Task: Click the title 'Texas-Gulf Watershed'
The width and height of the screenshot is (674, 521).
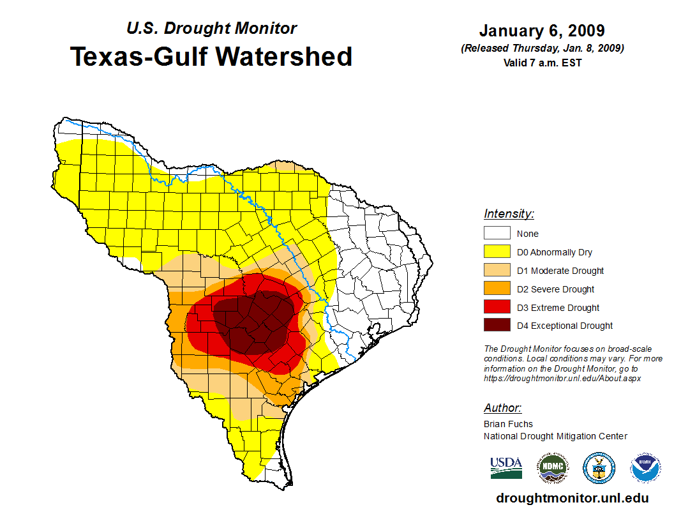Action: pos(211,56)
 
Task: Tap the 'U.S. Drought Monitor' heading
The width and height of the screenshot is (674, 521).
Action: pos(211,29)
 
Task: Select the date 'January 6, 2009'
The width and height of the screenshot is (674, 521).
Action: pos(542,31)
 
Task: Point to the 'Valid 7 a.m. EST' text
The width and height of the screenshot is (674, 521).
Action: pos(542,62)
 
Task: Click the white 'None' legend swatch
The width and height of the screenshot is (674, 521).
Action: pos(497,234)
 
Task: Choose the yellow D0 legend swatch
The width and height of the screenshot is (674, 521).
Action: pos(497,252)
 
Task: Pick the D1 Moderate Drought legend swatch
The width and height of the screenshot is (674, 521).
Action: pos(497,271)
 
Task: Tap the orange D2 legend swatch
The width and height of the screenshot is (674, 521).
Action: pos(497,289)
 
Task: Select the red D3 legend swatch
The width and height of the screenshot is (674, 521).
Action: pos(497,308)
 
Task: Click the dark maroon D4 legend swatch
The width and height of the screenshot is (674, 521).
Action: pos(497,326)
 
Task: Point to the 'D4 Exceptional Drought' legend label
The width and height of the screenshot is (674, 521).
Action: pos(565,326)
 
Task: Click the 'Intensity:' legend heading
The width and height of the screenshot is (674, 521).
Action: pos(509,214)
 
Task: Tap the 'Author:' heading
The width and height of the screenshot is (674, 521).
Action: pos(502,408)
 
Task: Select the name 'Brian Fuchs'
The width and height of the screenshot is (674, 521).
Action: pos(508,424)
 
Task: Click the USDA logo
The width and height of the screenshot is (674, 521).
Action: pos(506,468)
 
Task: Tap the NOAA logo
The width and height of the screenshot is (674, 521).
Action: pos(645,468)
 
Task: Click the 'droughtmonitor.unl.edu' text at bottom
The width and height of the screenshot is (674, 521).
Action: pos(572,499)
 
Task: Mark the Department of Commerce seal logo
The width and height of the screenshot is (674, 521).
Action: pos(599,468)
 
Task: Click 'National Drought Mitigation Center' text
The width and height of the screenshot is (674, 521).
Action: pos(555,436)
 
